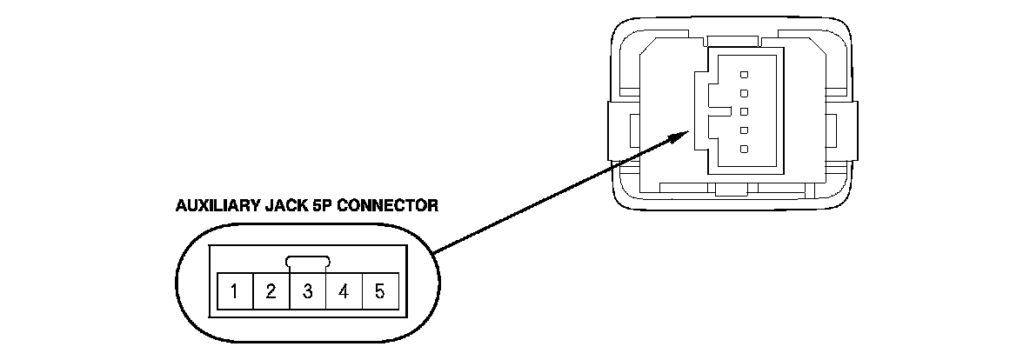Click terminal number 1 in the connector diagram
click(235, 290)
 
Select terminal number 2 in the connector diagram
click(271, 290)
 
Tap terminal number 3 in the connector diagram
click(308, 290)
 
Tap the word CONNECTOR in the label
click(388, 206)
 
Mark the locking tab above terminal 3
click(308, 262)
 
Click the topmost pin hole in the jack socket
click(745, 72)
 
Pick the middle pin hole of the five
click(745, 111)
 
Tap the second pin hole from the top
click(745, 91)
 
